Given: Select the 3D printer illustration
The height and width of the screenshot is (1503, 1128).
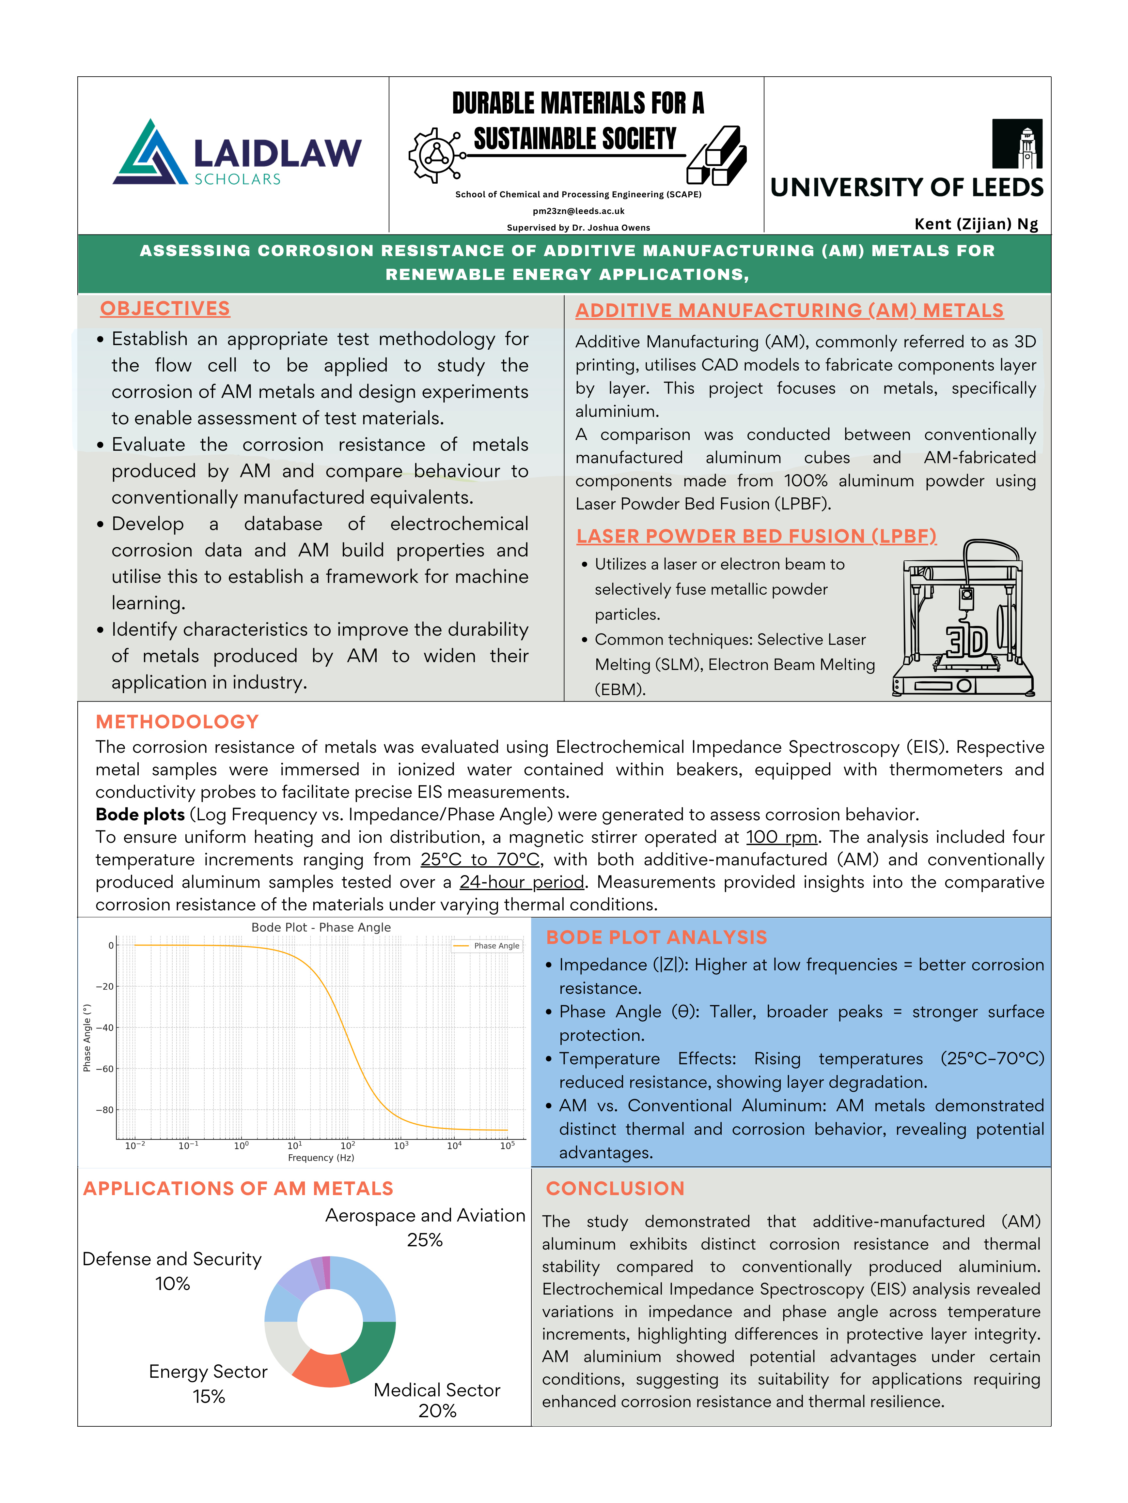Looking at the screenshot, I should click(x=963, y=618).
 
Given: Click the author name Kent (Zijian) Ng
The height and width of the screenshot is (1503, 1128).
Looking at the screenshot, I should click(x=976, y=224).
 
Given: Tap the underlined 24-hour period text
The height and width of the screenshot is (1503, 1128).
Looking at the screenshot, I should click(x=522, y=882).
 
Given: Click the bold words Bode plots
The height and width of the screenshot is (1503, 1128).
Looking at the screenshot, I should click(x=140, y=815).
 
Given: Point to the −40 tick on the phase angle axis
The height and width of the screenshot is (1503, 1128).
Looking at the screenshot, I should click(x=105, y=1027).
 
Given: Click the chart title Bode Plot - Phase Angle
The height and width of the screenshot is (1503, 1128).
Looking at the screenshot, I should click(x=321, y=928).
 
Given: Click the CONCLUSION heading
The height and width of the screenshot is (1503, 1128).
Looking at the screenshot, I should click(x=615, y=1188).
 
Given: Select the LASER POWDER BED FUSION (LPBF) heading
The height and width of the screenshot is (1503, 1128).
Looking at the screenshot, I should click(x=756, y=536).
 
